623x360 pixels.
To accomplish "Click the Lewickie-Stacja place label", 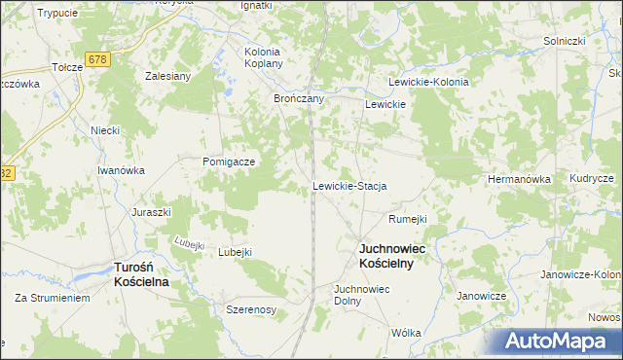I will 349,186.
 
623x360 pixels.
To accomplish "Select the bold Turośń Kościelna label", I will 142,273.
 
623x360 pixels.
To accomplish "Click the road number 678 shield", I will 95,60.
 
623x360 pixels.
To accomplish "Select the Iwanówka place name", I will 121,170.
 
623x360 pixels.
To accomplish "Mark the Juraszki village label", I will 152,211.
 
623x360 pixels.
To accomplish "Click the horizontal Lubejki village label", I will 235,252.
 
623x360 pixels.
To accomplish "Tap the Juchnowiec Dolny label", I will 361,295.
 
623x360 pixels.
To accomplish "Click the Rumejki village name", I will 408,219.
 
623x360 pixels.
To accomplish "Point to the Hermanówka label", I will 519,180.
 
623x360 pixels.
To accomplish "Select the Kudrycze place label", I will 592,180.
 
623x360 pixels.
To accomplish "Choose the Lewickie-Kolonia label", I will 428,83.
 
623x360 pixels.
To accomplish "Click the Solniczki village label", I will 564,42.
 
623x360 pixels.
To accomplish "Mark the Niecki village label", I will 104,130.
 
